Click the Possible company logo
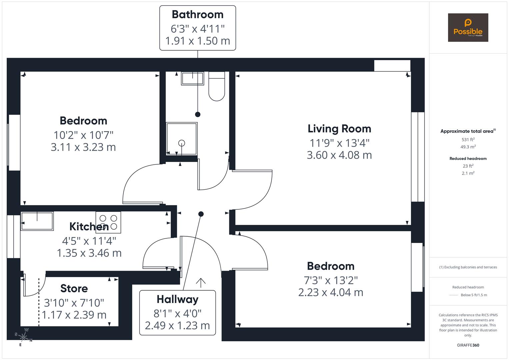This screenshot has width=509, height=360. click(468, 28)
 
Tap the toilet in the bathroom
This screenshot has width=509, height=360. click(217, 87)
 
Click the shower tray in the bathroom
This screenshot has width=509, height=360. click(182, 138)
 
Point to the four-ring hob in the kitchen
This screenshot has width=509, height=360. click(108, 222)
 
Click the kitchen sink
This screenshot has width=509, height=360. click(37, 221)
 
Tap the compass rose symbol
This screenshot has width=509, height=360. click(23, 337)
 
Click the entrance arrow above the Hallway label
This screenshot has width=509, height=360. click(200, 282)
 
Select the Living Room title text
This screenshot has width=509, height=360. click(339, 129)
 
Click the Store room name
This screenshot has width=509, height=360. click(74, 288)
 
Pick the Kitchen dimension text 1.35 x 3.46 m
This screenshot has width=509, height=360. click(89, 253)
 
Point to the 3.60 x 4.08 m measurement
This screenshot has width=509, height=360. click(339, 155)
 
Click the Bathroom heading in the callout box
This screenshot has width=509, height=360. click(197, 15)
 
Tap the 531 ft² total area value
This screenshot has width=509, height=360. click(468, 140)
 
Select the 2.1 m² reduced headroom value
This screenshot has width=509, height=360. click(468, 173)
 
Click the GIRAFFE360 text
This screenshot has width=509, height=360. click(468, 345)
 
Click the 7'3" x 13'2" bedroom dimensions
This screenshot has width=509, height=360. click(330, 280)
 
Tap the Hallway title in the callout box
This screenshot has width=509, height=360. click(177, 299)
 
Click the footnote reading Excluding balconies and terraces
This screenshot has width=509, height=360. click(468, 267)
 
